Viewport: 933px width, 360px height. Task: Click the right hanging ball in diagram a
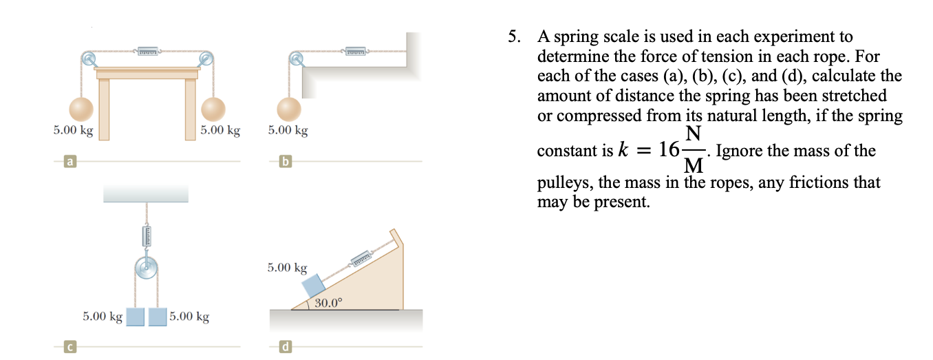coord(213,108)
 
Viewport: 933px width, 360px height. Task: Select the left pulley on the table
coord(89,59)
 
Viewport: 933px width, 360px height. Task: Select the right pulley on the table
coord(205,59)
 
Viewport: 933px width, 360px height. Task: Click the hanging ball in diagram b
coord(289,108)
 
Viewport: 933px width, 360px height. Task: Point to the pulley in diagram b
coord(296,59)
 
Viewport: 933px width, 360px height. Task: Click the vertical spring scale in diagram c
coord(146,235)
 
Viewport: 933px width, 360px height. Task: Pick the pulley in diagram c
coord(146,268)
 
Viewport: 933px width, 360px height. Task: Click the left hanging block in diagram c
coord(135,317)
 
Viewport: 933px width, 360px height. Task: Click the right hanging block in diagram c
coord(158,317)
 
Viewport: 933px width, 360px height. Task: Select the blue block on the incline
coord(314,284)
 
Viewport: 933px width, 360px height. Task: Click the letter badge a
coord(69,162)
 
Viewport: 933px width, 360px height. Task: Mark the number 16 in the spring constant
coord(669,150)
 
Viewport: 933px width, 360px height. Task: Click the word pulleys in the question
coord(563,183)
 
